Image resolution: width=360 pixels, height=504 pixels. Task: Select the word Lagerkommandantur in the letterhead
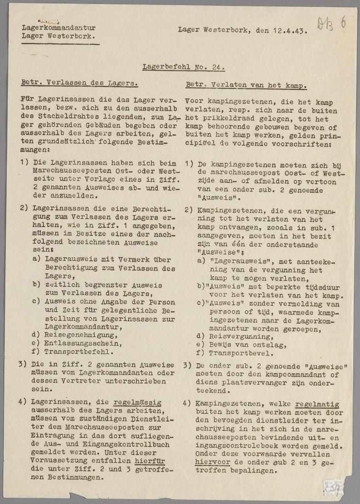(59, 27)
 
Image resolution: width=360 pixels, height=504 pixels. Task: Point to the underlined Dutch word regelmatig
(317, 405)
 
